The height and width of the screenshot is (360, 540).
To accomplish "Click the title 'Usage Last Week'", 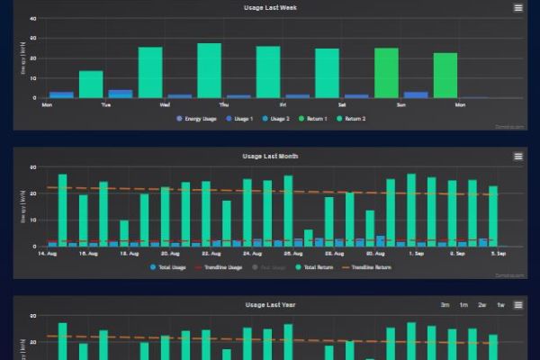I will click(270, 8).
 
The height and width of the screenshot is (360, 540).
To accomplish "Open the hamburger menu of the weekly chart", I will click(517, 8).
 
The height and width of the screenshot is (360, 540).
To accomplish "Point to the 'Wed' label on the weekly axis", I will click(166, 104).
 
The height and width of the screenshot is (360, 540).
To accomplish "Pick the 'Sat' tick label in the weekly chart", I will click(342, 104).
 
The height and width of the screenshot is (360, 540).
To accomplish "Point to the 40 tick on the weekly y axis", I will click(32, 19).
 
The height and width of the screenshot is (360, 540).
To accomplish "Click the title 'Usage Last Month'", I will click(270, 157).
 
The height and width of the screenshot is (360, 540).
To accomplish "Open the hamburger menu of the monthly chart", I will click(517, 157).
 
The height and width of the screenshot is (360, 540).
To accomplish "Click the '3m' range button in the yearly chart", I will click(445, 305).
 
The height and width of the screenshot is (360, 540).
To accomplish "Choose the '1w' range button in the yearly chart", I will click(500, 305).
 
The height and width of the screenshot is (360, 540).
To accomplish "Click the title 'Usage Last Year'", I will click(270, 305).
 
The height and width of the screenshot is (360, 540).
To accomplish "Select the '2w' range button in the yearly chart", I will click(482, 305).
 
